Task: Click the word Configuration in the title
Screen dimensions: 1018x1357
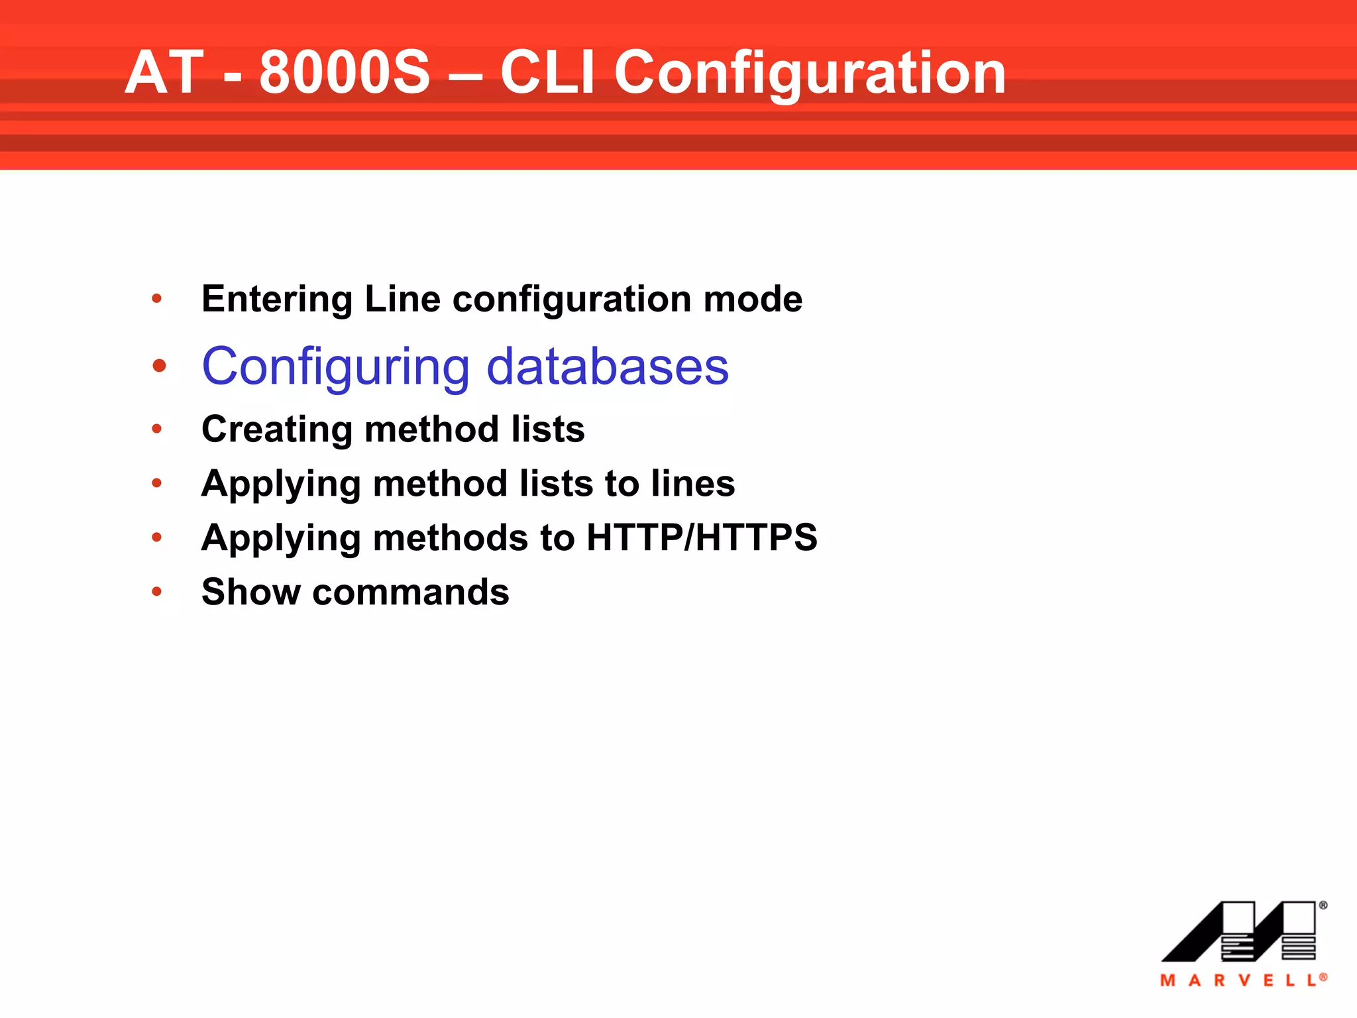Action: click(810, 73)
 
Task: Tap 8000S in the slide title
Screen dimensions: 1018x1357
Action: click(345, 73)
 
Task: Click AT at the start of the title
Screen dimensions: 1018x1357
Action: click(164, 73)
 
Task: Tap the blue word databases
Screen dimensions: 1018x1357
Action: click(608, 367)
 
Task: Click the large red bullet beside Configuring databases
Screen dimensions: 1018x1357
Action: click(159, 366)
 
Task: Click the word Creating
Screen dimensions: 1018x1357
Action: click(277, 429)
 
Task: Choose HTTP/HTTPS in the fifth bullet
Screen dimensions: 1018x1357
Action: click(702, 537)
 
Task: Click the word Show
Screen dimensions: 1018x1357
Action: click(251, 592)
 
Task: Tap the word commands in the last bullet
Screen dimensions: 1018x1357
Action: click(411, 592)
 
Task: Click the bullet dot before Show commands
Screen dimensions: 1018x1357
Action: click(157, 591)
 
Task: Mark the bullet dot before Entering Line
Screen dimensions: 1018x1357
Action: click(157, 299)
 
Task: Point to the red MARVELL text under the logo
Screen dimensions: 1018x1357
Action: click(1242, 980)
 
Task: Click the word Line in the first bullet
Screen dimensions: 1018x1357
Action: click(402, 300)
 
